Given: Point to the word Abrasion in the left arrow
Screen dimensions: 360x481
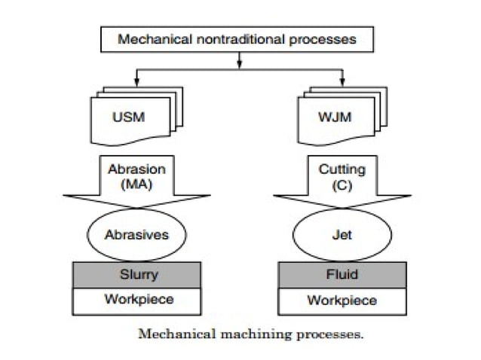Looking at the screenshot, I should click(x=136, y=169).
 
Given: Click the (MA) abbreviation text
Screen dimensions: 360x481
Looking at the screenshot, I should click(x=136, y=183).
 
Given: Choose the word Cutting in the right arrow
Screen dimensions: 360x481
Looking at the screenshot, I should click(x=342, y=169).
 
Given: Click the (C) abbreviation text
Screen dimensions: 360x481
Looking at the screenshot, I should click(x=342, y=183).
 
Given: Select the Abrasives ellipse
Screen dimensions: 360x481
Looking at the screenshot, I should click(x=136, y=234).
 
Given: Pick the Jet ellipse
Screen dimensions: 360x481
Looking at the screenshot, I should click(x=342, y=234).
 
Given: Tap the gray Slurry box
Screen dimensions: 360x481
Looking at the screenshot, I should click(x=136, y=275).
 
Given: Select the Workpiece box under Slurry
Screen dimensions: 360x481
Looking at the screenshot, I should click(x=136, y=300).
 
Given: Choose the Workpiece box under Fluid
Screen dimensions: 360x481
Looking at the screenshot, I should click(x=342, y=301).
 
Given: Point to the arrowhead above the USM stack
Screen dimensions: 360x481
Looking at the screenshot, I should click(x=136, y=80).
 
